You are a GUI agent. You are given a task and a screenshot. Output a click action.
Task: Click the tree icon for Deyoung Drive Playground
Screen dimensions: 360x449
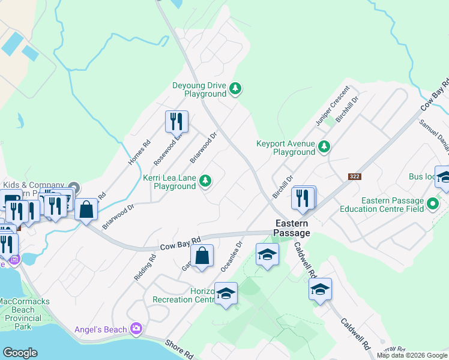point(236,89)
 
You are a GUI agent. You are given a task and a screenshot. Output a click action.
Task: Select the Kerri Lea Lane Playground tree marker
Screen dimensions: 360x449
point(205,181)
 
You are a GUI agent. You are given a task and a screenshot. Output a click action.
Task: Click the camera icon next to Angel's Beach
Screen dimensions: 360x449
point(137,329)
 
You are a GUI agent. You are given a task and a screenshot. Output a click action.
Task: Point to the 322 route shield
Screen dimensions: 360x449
point(355,176)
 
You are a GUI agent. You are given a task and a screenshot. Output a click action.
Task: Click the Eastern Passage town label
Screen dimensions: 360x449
point(292,228)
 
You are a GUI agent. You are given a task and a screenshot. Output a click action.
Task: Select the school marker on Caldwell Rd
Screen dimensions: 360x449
point(321,289)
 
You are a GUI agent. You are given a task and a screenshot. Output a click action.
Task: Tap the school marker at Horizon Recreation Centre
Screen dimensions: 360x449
point(226,294)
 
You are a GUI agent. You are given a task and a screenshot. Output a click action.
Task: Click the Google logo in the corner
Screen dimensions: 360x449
point(20,353)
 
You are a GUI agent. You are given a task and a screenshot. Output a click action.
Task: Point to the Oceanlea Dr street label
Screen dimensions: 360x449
point(231,256)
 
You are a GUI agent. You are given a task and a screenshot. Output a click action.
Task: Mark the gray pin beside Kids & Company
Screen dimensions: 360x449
point(73,187)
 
